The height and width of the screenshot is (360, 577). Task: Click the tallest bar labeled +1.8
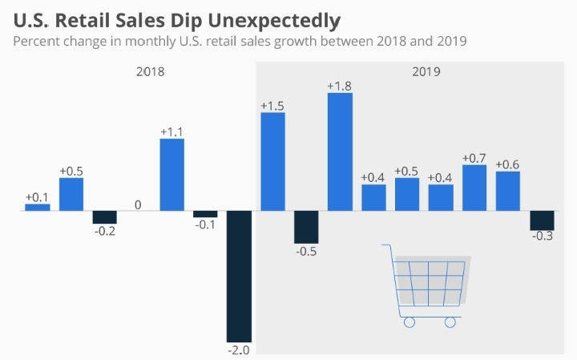(x=340, y=152)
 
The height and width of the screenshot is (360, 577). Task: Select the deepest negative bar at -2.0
(x=239, y=276)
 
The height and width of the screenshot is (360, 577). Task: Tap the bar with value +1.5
(x=272, y=161)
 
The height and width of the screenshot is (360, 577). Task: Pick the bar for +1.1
(x=171, y=175)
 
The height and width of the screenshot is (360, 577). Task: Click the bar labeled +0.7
(x=474, y=188)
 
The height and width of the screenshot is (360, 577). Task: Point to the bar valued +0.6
(x=508, y=191)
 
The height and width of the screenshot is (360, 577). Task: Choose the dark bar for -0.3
(x=542, y=220)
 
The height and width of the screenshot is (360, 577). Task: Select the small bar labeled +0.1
(x=37, y=207)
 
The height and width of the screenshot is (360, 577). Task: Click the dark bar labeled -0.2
(x=104, y=216)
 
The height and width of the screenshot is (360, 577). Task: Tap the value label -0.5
(x=306, y=252)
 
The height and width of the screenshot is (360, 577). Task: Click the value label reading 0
(x=138, y=205)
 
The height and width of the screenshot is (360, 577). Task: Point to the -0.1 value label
(x=205, y=225)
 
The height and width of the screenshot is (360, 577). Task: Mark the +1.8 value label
(x=340, y=85)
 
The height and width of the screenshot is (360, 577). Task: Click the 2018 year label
(x=150, y=71)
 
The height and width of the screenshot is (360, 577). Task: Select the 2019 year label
(x=426, y=71)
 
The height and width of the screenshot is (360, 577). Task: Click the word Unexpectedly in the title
(x=273, y=19)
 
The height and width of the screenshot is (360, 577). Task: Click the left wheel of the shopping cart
(x=409, y=322)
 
